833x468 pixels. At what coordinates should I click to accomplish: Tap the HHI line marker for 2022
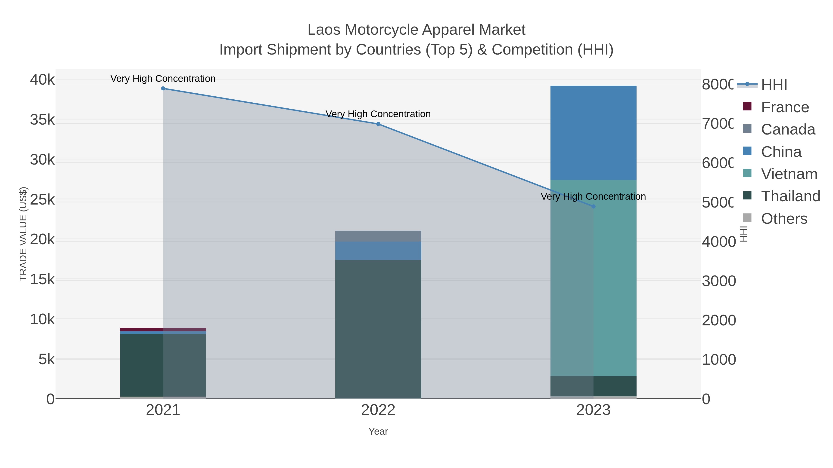(x=378, y=124)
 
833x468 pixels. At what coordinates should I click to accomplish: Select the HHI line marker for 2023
(x=593, y=206)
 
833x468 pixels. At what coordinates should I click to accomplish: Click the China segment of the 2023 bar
(x=593, y=132)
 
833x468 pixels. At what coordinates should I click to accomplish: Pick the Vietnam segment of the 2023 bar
(x=593, y=278)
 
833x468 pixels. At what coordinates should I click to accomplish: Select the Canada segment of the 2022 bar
(x=378, y=236)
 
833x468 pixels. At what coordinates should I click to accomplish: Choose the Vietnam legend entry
(x=789, y=174)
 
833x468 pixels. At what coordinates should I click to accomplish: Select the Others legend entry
(x=784, y=219)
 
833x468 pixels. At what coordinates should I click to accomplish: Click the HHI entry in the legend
(x=774, y=85)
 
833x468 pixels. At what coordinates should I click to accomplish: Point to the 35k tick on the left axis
(x=42, y=120)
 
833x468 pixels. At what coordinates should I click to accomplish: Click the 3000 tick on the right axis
(x=718, y=281)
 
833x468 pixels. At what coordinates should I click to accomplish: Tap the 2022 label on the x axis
(x=378, y=410)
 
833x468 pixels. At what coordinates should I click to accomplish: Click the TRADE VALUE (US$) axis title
(x=23, y=234)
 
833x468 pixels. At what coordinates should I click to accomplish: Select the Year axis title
(x=378, y=431)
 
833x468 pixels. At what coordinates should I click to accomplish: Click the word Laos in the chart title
(x=324, y=30)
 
